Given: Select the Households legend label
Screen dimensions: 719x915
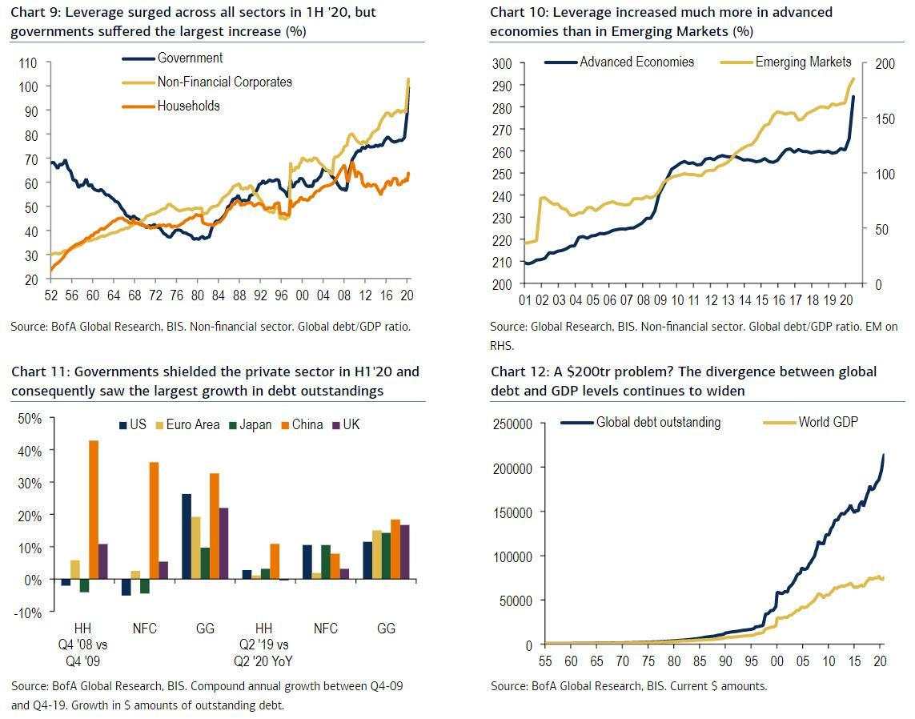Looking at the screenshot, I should coord(188,106).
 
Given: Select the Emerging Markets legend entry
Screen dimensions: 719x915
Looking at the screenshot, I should coord(803,62).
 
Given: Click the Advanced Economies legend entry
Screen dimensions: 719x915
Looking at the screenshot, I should coord(636,62).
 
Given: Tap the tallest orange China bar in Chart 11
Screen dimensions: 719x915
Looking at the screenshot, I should coord(94,509).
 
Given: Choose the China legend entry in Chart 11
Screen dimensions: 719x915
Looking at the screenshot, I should coord(307,424).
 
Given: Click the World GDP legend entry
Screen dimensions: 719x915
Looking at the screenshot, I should coord(828,421).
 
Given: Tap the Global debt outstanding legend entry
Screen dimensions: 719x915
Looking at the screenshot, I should coord(658,422).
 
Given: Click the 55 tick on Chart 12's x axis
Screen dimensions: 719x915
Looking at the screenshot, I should coord(545,661).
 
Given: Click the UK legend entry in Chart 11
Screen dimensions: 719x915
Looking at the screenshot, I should coord(351,424).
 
